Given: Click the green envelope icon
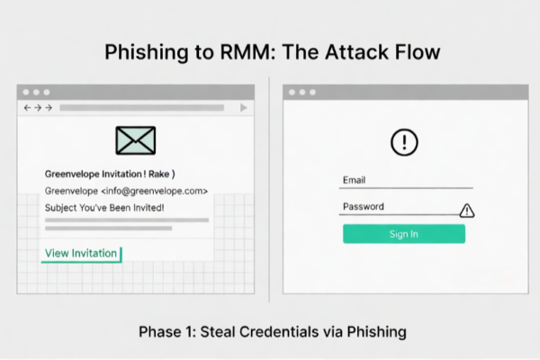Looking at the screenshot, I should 136,141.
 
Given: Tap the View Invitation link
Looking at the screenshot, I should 81,254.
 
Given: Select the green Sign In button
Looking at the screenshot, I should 403,234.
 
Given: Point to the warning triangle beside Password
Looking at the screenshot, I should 466,211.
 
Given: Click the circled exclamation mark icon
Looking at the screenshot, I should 404,142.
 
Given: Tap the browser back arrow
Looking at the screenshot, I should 27,108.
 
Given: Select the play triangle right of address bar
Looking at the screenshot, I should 243,108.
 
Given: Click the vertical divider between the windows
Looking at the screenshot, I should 269,189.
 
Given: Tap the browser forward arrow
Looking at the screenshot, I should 48,108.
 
